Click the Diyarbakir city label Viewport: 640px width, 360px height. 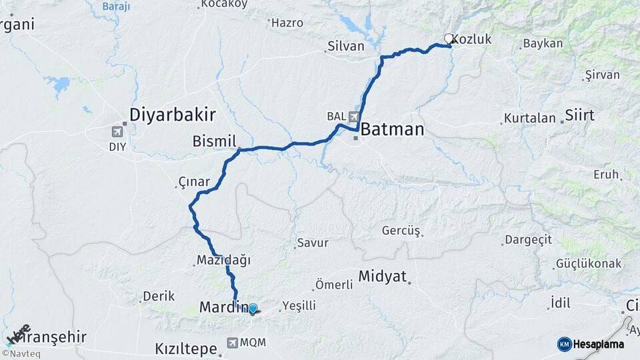coord(172,115)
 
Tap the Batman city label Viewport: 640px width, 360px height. coord(393,129)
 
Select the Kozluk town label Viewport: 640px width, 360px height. coord(475,39)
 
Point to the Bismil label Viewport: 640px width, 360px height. coord(214,141)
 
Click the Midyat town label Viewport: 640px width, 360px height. coord(382,276)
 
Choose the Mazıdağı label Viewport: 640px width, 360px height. coord(223,261)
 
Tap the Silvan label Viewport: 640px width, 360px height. coord(345,47)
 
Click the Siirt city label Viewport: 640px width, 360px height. coord(579,115)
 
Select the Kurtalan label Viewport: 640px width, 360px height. coord(530,118)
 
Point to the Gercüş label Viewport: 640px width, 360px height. coord(401,231)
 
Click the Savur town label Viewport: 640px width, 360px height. coord(313,243)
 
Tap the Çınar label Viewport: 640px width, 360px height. coord(194,182)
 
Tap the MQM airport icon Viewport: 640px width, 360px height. coord(232,343)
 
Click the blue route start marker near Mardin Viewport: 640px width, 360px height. coord(253,308)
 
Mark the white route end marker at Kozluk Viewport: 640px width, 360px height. coord(449,39)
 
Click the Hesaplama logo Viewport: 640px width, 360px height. coord(591,343)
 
